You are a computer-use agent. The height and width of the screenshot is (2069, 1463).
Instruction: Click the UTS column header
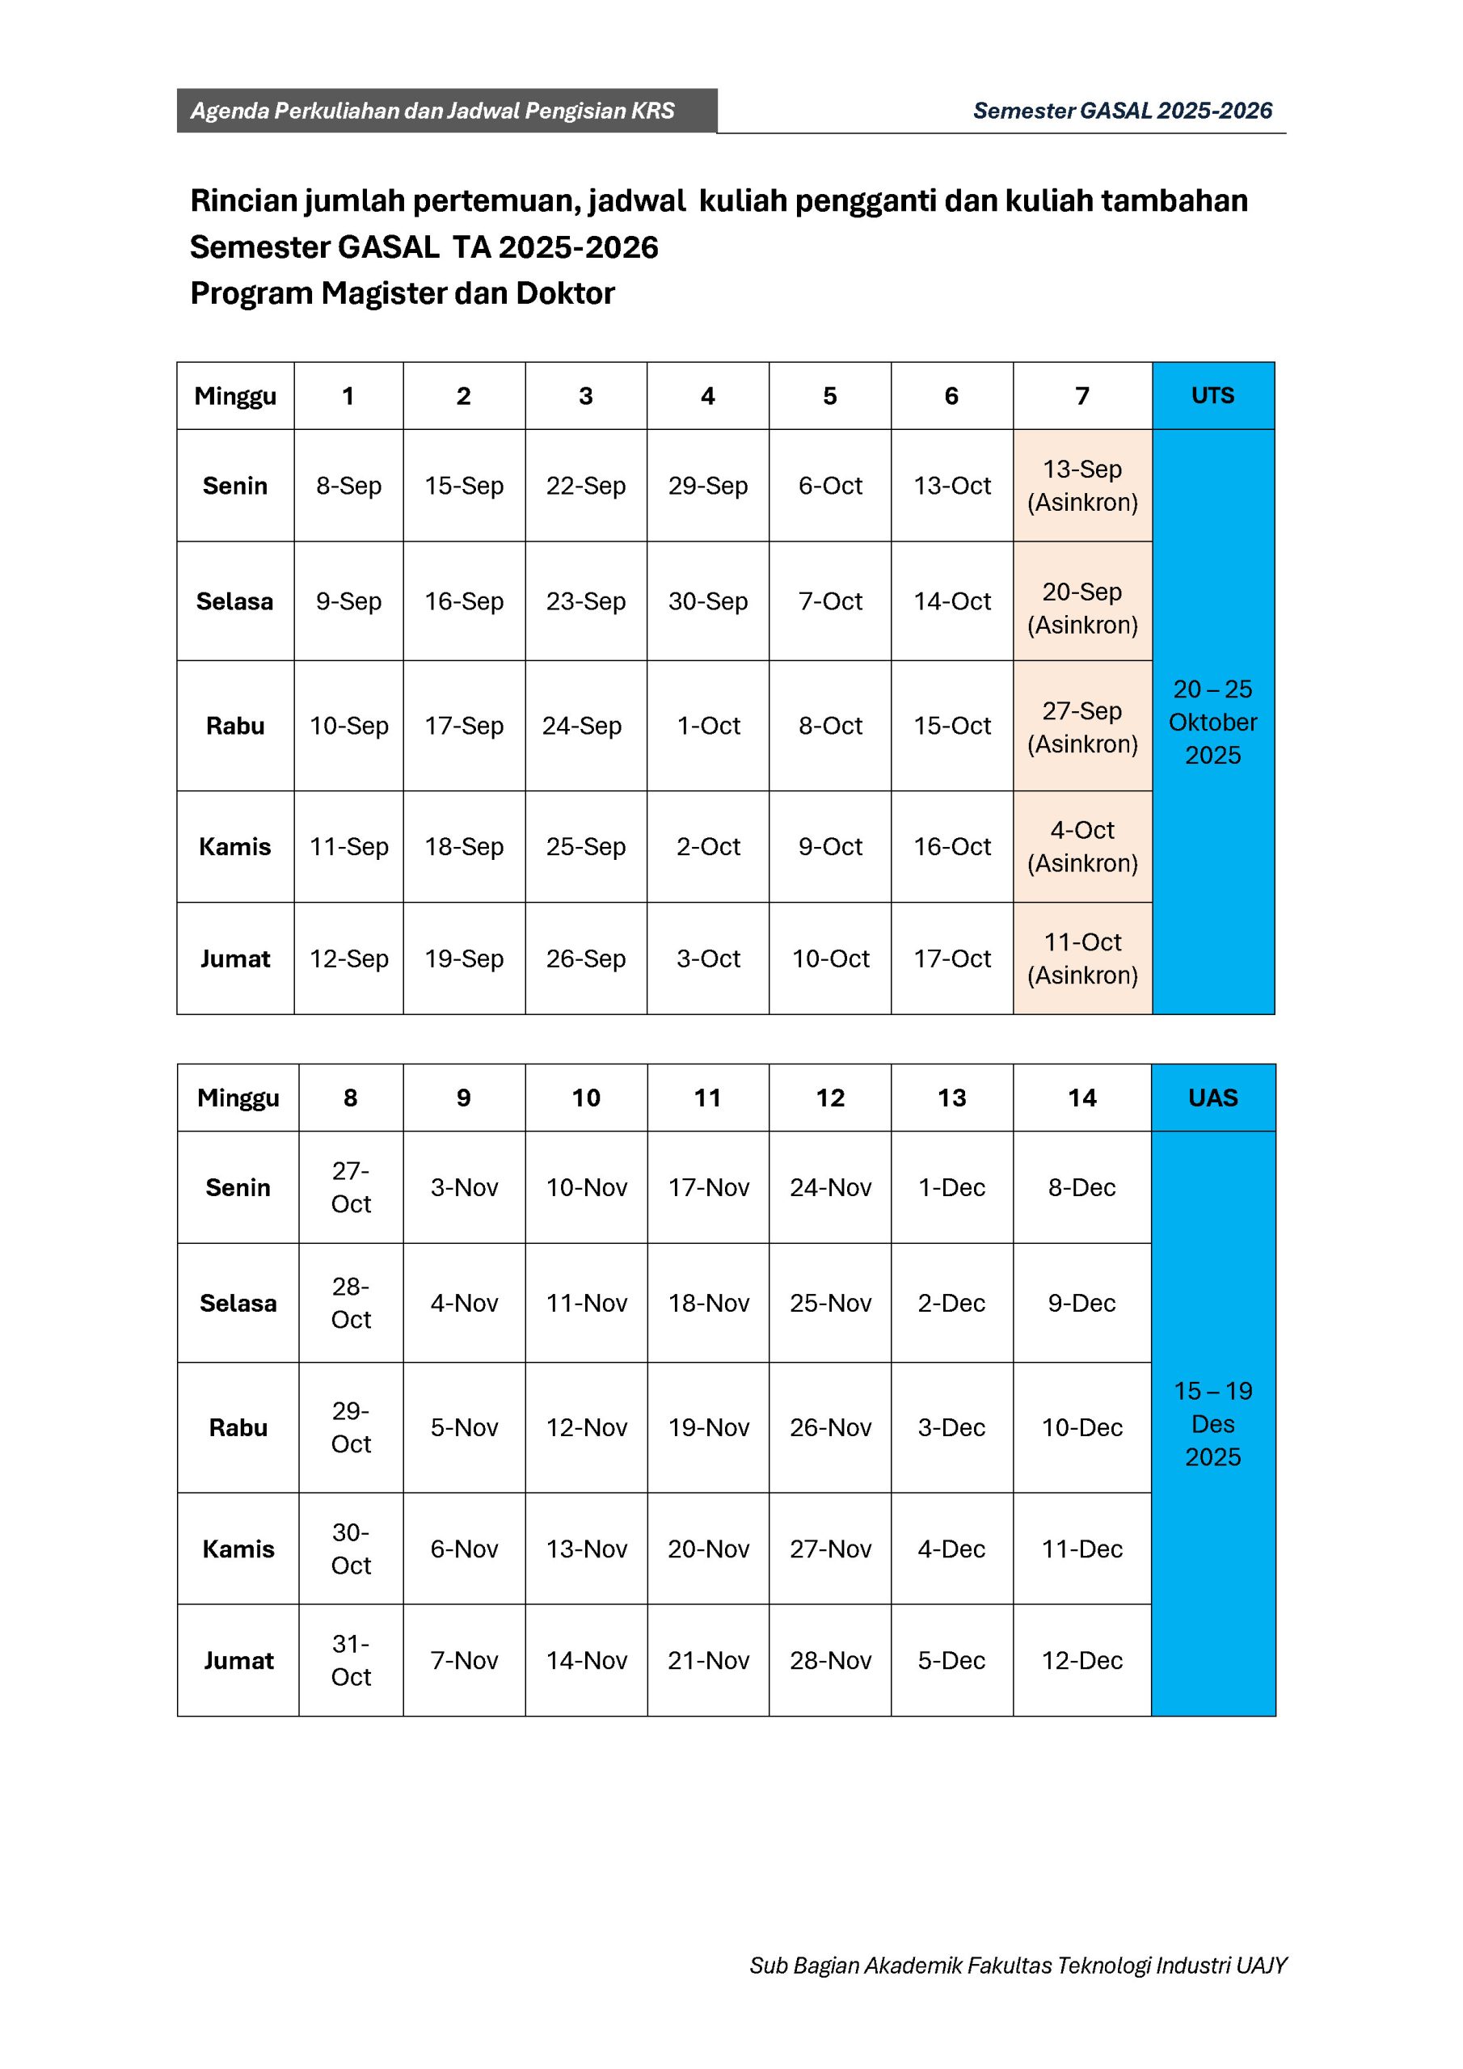pyautogui.click(x=1212, y=395)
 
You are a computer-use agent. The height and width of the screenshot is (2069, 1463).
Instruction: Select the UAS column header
pyautogui.click(x=1212, y=1098)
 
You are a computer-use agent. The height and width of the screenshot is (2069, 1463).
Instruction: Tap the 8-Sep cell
pyautogui.click(x=349, y=486)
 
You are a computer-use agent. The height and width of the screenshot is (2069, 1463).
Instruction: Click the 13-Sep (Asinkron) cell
pyautogui.click(x=1081, y=486)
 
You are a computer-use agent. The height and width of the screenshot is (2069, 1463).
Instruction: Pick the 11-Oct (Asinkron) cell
pyautogui.click(x=1081, y=958)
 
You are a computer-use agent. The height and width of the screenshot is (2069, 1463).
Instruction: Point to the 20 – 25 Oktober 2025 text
pyautogui.click(x=1212, y=722)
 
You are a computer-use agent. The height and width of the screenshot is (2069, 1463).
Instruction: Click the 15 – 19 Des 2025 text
pyautogui.click(x=1212, y=1424)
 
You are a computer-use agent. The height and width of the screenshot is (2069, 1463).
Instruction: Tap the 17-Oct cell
pyautogui.click(x=952, y=958)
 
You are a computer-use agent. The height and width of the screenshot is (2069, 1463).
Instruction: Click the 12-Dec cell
pyautogui.click(x=1081, y=1660)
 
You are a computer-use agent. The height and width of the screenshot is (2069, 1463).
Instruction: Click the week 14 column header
pyautogui.click(x=1081, y=1098)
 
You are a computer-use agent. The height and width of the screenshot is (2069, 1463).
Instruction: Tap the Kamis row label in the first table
pyautogui.click(x=235, y=846)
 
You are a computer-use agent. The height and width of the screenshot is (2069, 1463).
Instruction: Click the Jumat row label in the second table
pyautogui.click(x=238, y=1660)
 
